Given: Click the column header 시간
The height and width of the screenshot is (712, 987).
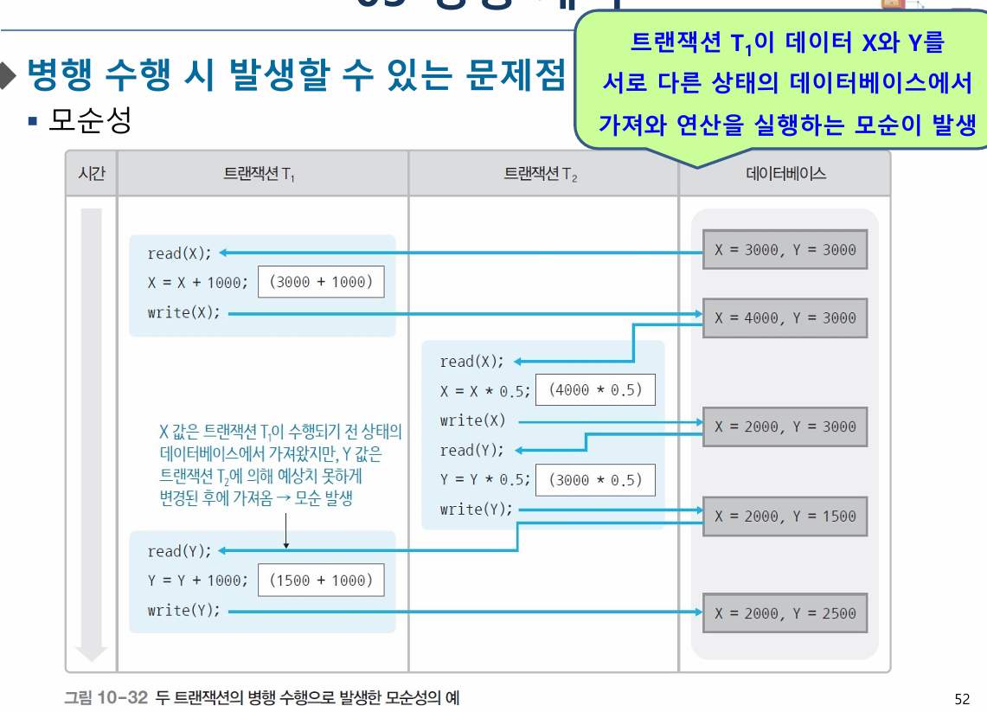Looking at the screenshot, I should pyautogui.click(x=91, y=173).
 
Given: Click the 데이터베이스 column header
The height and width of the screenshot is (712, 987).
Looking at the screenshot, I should pyautogui.click(x=785, y=174).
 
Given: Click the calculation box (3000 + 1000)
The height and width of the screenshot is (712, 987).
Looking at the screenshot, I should pyautogui.click(x=321, y=282).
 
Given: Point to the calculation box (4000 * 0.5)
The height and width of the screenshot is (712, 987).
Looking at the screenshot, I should pyautogui.click(x=595, y=390).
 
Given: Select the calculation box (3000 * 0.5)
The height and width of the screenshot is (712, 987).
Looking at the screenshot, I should pyautogui.click(x=595, y=480).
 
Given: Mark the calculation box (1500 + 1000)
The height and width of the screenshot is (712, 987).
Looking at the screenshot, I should pyautogui.click(x=321, y=581).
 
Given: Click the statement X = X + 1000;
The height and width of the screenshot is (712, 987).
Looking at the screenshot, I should pyautogui.click(x=198, y=283).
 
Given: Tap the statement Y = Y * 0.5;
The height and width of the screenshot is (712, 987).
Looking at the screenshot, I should pyautogui.click(x=484, y=479).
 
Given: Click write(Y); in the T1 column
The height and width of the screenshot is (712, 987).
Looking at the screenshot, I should pyautogui.click(x=183, y=611).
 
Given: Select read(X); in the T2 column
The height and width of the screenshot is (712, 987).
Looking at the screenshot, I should pyautogui.click(x=471, y=362).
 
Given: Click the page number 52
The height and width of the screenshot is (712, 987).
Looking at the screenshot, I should pyautogui.click(x=961, y=698).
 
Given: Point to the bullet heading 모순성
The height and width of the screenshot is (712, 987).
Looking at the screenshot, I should pyautogui.click(x=89, y=121).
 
